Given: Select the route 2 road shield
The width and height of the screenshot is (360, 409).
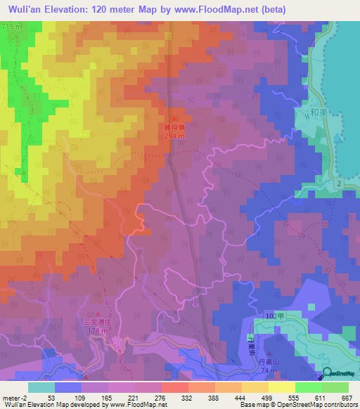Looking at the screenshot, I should click(x=338, y=183).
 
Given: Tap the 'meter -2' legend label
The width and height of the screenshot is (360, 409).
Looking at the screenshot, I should click(x=13, y=398).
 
